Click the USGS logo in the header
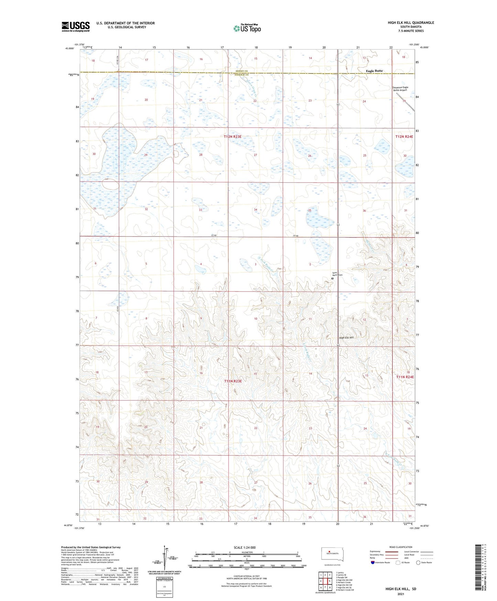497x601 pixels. pyautogui.click(x=75, y=27)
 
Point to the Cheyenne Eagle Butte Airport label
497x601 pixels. pyautogui.click(x=400, y=89)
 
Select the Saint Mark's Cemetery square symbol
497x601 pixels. pyautogui.click(x=333, y=278)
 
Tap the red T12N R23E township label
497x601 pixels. pyautogui.click(x=233, y=137)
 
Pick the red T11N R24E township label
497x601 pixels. pyautogui.click(x=405, y=377)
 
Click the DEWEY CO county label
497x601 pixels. pyautogui.click(x=241, y=71)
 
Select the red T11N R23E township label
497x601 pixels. pyautogui.click(x=233, y=381)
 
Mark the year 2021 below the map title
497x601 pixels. pyautogui.click(x=401, y=594)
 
